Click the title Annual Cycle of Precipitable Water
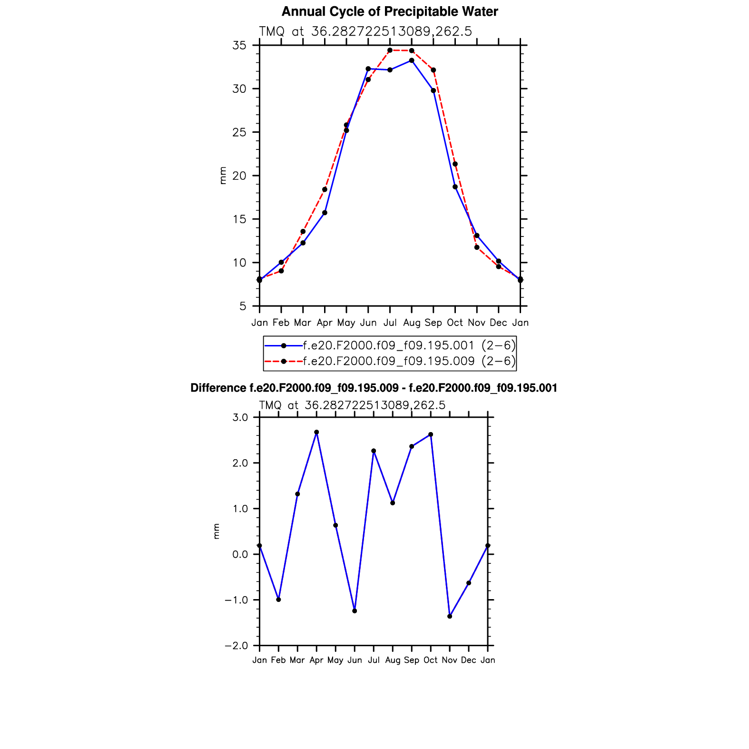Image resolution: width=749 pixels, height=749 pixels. pos(390,12)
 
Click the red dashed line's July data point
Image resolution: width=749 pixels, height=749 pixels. pos(390,50)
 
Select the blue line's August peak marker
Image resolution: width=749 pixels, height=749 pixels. pos(412,60)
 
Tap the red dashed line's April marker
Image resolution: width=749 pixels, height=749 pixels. pos(325,189)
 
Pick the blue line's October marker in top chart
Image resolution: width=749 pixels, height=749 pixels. pos(455,187)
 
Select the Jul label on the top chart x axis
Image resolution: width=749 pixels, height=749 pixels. pos(390,323)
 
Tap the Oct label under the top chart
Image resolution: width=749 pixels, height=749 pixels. pos(455,323)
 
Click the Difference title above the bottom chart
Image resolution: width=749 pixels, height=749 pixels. pos(374,388)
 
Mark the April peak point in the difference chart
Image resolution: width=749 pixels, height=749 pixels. pos(316,432)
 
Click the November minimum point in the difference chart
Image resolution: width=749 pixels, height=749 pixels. pos(450,616)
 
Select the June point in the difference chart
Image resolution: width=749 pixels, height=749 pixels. pos(355,611)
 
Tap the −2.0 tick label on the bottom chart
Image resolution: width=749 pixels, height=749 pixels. pos(237,646)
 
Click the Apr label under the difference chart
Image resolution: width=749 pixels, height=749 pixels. pos(316,660)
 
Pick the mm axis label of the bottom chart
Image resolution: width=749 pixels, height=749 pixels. pos(217,531)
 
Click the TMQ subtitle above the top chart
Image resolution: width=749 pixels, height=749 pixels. pos(365,31)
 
